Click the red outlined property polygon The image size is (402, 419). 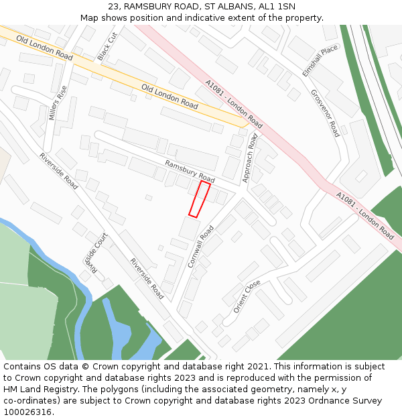199,199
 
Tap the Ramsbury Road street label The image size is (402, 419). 190,171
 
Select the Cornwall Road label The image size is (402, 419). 201,247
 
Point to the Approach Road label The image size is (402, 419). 249,158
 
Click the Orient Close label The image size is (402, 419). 247,296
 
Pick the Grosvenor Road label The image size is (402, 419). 325,113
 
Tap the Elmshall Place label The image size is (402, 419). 320,61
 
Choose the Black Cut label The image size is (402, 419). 107,46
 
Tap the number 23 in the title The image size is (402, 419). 113,6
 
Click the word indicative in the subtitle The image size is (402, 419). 228,17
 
